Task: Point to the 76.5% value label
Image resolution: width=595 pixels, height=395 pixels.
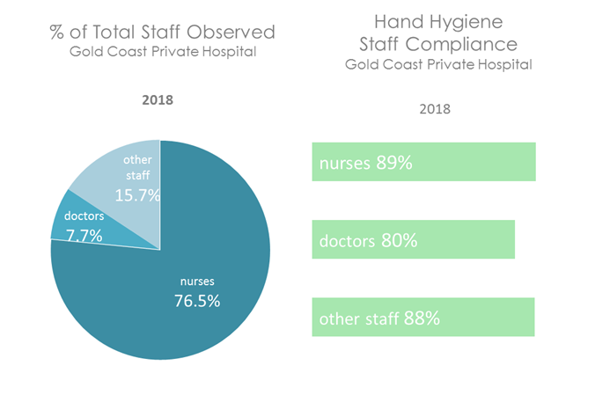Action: (196, 300)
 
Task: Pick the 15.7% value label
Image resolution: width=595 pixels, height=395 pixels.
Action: (141, 194)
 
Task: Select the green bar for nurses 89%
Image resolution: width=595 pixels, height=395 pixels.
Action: (423, 162)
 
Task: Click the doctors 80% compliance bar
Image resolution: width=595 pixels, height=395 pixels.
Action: (413, 240)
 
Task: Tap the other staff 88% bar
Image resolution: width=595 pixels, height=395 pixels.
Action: (422, 318)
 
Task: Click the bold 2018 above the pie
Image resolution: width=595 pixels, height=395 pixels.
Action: (158, 99)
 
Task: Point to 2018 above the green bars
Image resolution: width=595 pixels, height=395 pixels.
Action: (434, 109)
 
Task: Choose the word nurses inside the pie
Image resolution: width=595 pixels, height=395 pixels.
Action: (197, 282)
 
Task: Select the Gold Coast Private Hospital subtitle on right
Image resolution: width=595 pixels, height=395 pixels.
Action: (438, 64)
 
